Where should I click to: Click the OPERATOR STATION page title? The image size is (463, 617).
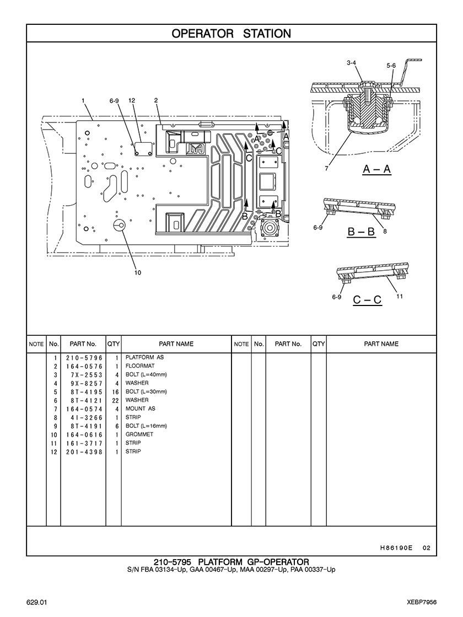(x=232, y=34)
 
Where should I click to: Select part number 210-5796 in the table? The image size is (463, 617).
(x=84, y=358)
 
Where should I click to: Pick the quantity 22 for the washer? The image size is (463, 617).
(x=115, y=400)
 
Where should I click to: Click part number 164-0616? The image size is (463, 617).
(x=84, y=435)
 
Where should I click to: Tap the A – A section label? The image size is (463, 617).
(x=376, y=169)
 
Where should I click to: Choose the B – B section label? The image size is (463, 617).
(x=361, y=232)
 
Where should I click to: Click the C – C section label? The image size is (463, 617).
(x=367, y=300)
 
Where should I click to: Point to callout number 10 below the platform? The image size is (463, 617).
(x=138, y=273)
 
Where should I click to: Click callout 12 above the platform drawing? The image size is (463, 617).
(x=132, y=101)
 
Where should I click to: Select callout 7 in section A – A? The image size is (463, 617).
(x=326, y=168)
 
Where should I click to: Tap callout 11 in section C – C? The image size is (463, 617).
(x=399, y=296)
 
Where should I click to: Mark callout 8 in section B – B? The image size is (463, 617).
(x=385, y=232)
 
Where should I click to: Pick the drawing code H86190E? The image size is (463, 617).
(x=396, y=548)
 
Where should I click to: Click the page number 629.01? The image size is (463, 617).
(x=37, y=603)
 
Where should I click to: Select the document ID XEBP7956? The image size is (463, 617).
(x=422, y=603)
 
